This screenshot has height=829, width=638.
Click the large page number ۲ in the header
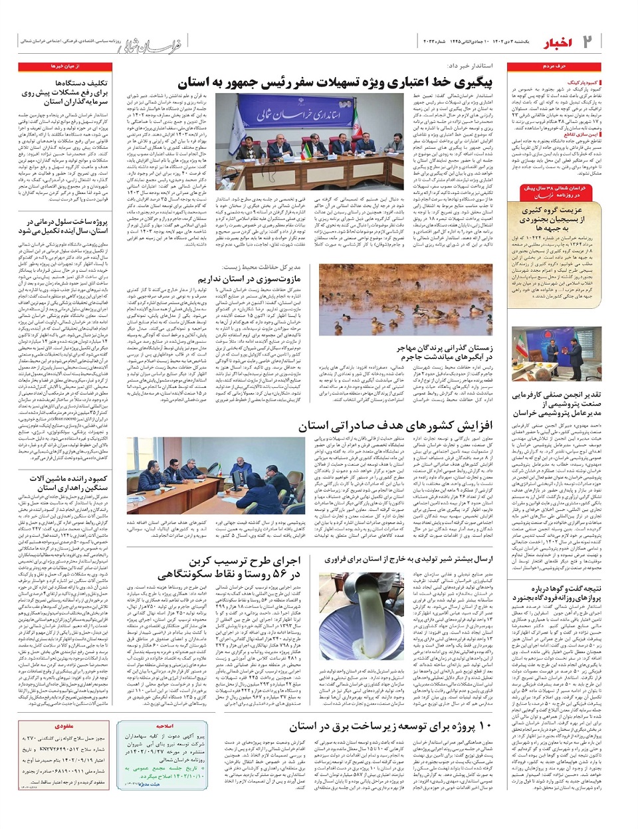coord(588,42)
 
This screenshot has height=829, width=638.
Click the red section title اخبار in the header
coord(557,43)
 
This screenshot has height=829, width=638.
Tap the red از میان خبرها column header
coord(64,67)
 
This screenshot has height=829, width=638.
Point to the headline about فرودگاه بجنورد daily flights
coord(556,593)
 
